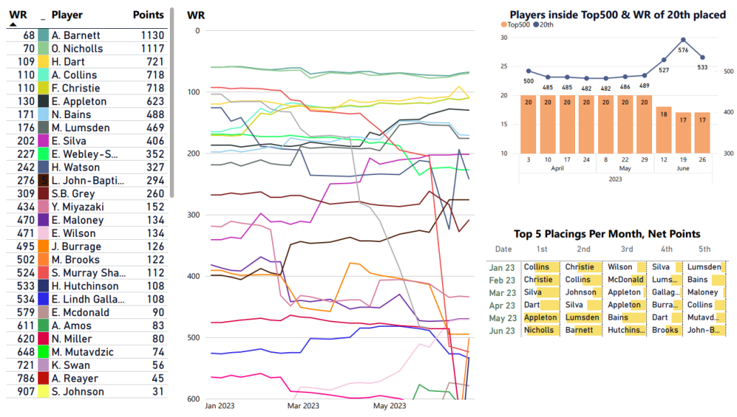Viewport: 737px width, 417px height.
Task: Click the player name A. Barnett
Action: (76, 35)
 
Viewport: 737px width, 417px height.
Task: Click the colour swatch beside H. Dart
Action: (43, 62)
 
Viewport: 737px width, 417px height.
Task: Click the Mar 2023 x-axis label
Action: (304, 406)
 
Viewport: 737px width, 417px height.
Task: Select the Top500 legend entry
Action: (517, 24)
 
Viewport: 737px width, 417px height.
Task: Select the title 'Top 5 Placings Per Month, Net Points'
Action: (607, 234)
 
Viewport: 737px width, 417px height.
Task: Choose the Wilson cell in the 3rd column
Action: (620, 267)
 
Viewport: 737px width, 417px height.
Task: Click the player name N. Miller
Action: (73, 338)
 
